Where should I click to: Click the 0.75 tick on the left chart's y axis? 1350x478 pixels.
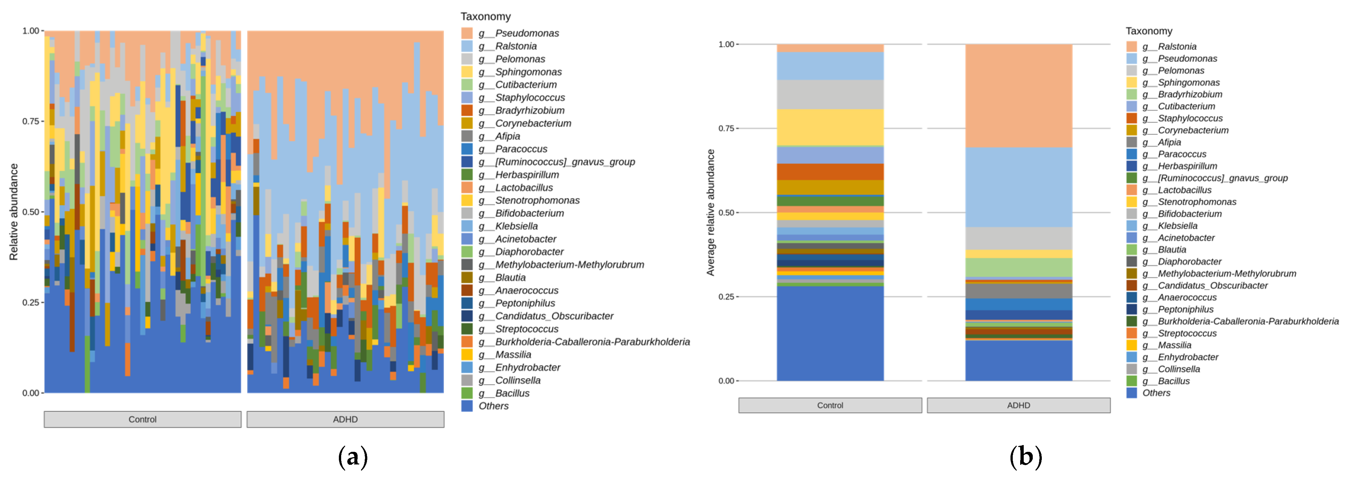(30, 121)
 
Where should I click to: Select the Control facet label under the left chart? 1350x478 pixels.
(142, 419)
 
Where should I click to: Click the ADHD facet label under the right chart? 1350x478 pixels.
(1018, 405)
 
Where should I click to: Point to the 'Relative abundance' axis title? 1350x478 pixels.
(14, 212)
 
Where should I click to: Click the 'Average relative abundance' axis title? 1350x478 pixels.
(711, 212)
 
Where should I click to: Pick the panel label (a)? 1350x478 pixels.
(353, 457)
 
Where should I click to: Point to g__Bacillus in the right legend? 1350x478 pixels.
(1173, 381)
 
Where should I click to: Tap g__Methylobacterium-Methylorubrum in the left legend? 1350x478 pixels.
(569, 265)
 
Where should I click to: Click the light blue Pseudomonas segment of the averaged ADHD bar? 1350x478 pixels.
(1018, 187)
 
